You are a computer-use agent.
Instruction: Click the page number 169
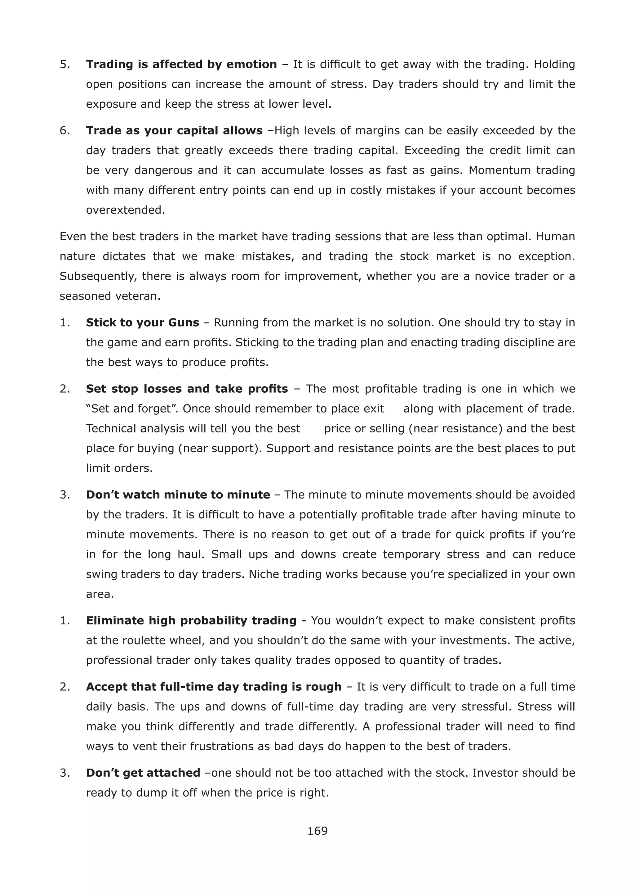click(x=317, y=831)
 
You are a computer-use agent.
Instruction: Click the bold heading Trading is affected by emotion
click(x=181, y=64)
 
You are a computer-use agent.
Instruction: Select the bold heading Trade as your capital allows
click(x=174, y=130)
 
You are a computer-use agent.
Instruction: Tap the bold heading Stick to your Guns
click(x=142, y=323)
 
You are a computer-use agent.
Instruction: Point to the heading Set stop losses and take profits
click(x=187, y=389)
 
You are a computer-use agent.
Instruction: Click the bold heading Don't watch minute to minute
click(x=178, y=495)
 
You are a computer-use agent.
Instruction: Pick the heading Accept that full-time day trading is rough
click(x=214, y=687)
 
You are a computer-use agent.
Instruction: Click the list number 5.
click(x=64, y=64)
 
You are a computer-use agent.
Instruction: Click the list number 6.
click(x=64, y=130)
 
